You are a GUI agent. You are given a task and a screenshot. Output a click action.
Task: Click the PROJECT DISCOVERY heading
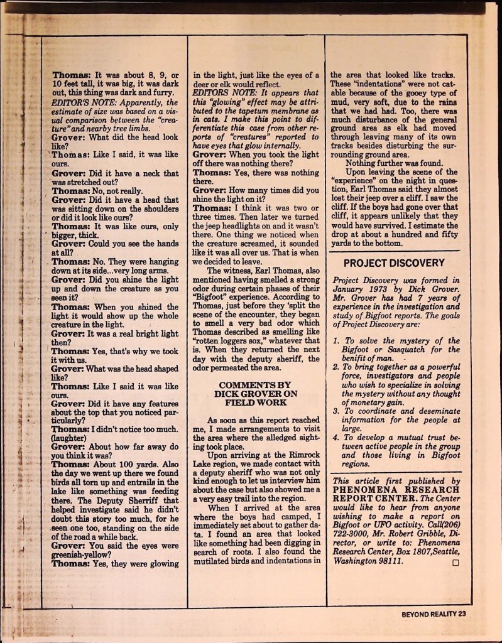[394, 263]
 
